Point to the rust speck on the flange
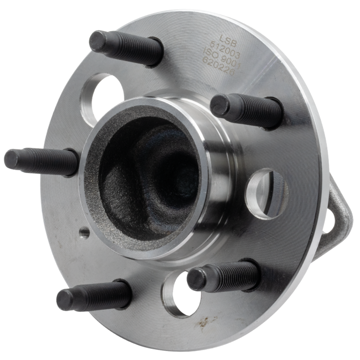(204, 322)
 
